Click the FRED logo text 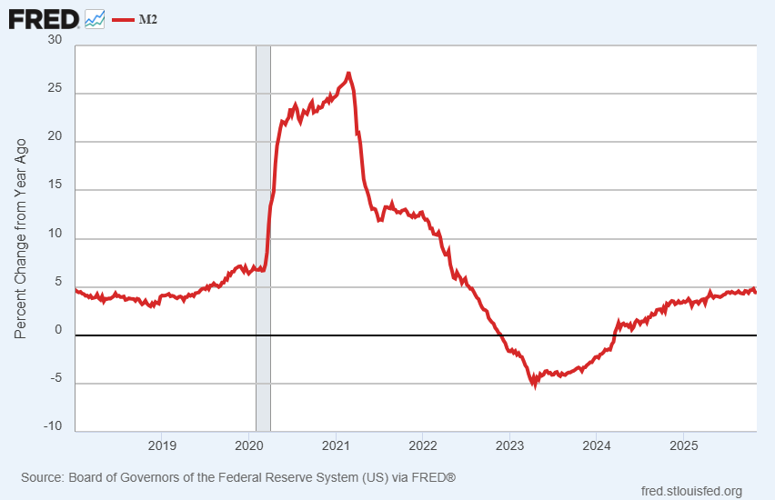click(43, 17)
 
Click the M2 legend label click(147, 18)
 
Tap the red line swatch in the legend click(122, 18)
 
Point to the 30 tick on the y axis click(55, 40)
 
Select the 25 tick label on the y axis click(55, 89)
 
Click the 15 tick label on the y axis click(55, 186)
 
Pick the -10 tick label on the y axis click(53, 425)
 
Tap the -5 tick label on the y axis click(55, 377)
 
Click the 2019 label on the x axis click(162, 445)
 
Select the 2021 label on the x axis click(336, 445)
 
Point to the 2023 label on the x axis click(509, 445)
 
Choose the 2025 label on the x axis click(683, 445)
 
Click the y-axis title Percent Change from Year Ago click(21, 238)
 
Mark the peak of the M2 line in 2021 click(348, 74)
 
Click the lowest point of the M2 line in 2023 click(535, 385)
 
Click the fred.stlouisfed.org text click(691, 491)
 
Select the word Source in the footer click(42, 476)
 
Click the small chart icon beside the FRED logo click(95, 18)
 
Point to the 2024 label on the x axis click(596, 445)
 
